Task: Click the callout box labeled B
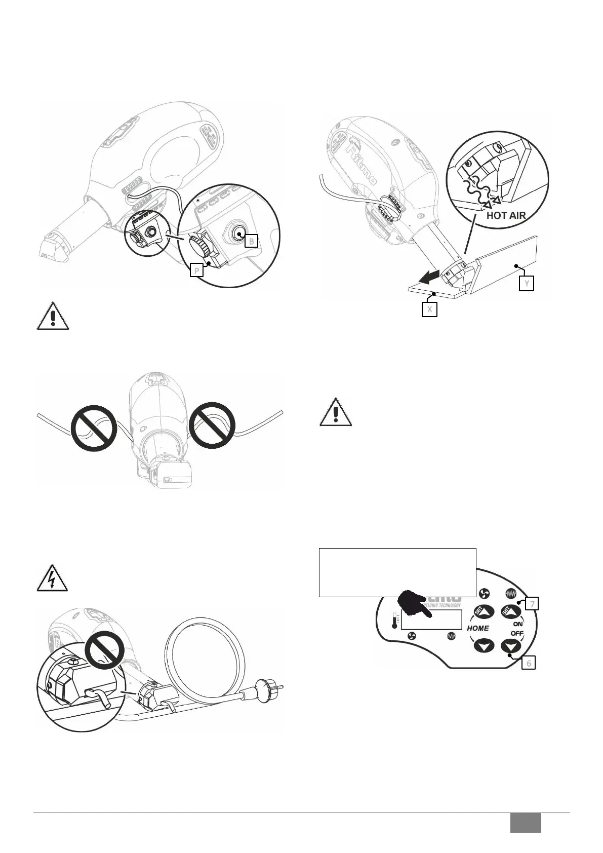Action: tap(252, 241)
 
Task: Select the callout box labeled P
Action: tap(196, 271)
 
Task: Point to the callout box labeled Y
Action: tap(527, 284)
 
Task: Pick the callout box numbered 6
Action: tap(529, 663)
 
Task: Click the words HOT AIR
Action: tap(506, 215)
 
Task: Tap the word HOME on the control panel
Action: tap(478, 628)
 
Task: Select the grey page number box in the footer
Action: tap(525, 823)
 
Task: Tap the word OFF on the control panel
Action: tap(517, 634)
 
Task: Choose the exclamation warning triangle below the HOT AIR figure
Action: tap(336, 412)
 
